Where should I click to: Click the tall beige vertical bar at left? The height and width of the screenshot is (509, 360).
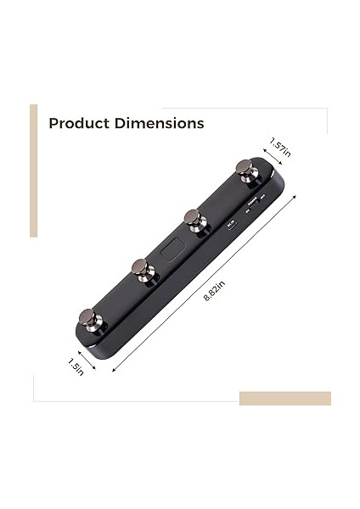point(33,171)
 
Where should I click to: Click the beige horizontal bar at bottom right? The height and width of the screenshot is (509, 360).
point(284,398)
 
